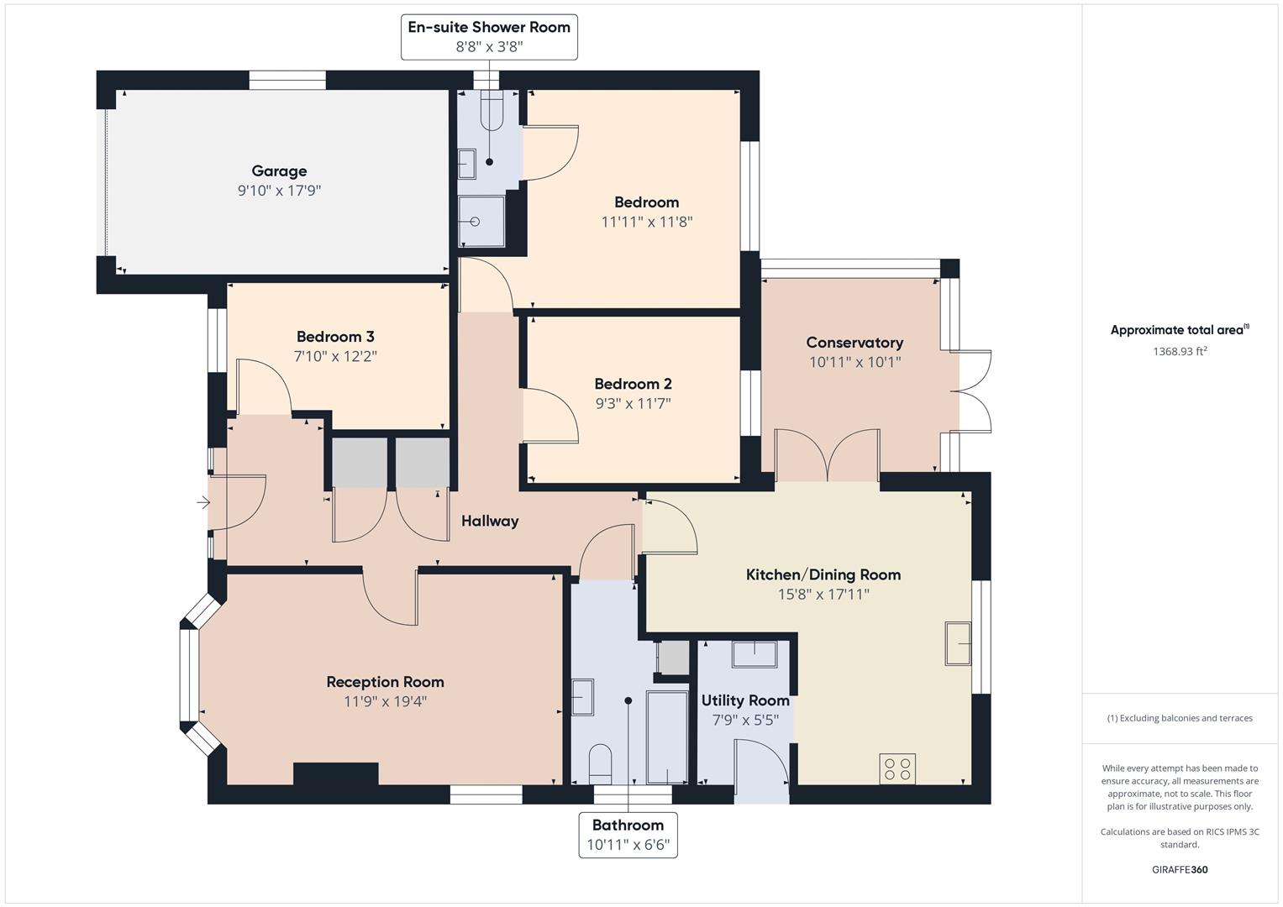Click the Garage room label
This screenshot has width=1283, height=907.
tap(279, 171)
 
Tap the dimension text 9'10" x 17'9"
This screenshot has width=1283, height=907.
tap(279, 191)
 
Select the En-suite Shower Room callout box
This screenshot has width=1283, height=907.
tap(489, 37)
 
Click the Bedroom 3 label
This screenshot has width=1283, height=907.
tap(335, 337)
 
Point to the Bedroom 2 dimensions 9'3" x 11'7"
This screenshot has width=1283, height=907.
tap(633, 403)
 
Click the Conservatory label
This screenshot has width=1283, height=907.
tap(854, 343)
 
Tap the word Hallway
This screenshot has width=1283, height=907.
tap(490, 522)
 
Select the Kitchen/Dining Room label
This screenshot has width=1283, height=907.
tap(823, 575)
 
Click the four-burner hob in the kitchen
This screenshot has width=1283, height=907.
tap(897, 768)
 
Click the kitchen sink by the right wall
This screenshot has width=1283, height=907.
tap(958, 643)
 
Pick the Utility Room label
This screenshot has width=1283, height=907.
tap(745, 700)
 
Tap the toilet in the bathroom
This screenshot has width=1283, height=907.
tap(600, 763)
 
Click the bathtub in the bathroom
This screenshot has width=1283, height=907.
tap(667, 737)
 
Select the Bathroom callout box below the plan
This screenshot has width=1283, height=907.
tap(628, 835)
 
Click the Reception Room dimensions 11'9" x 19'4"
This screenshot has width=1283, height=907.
tap(385, 701)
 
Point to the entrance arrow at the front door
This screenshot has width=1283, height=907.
tap(202, 503)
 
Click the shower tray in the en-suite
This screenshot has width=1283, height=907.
tap(481, 221)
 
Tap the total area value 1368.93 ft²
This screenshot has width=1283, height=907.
tap(1180, 352)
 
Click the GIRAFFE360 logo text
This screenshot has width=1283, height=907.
tap(1180, 869)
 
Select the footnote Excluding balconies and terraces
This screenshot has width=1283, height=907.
tap(1180, 718)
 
